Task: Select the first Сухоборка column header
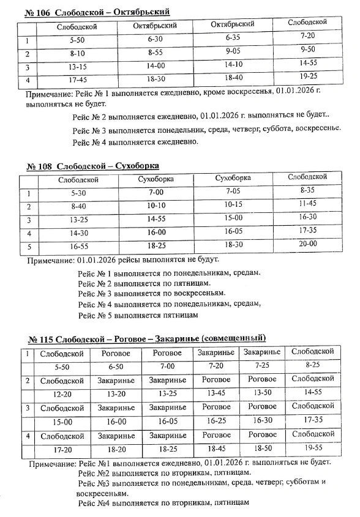coord(156,179)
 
